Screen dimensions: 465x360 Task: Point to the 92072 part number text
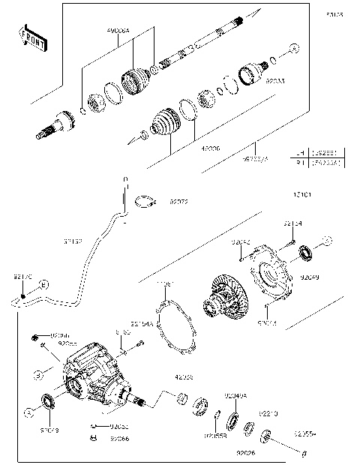click(x=178, y=202)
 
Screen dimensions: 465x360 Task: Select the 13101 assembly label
click(x=304, y=195)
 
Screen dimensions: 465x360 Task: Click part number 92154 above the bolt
click(x=292, y=223)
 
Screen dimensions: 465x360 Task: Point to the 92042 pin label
click(x=241, y=242)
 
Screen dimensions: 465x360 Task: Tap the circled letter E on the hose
click(x=43, y=285)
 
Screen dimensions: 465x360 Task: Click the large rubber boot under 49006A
click(x=136, y=78)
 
